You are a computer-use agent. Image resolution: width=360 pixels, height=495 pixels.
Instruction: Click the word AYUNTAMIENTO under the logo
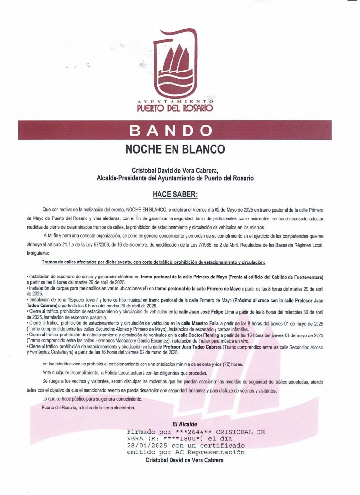pos(175,101)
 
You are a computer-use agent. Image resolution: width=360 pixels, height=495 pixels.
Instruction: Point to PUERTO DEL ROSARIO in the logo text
pos(175,108)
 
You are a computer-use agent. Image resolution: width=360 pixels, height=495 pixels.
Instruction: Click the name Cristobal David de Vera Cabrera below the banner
pos(175,170)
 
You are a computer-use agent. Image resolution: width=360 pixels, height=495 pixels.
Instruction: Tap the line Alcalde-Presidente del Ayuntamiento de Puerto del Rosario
pos(175,178)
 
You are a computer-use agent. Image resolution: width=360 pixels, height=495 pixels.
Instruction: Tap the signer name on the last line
pos(185,460)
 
